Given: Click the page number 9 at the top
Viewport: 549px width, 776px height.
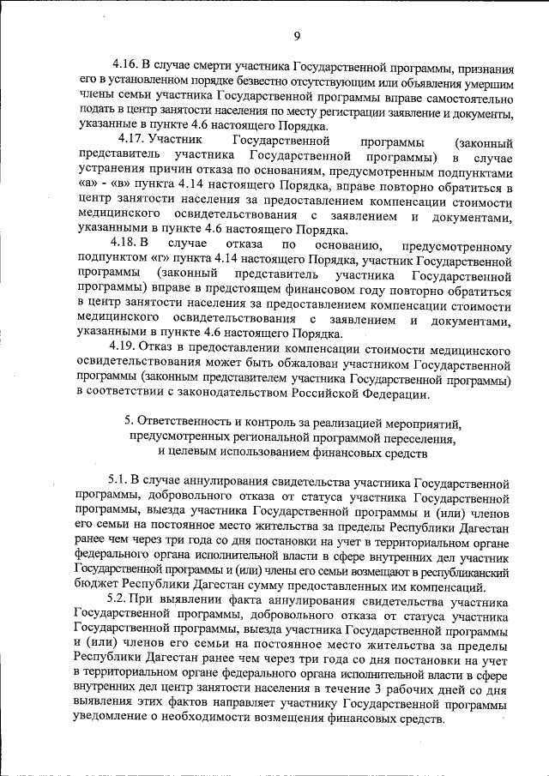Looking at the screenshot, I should tap(296, 35).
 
